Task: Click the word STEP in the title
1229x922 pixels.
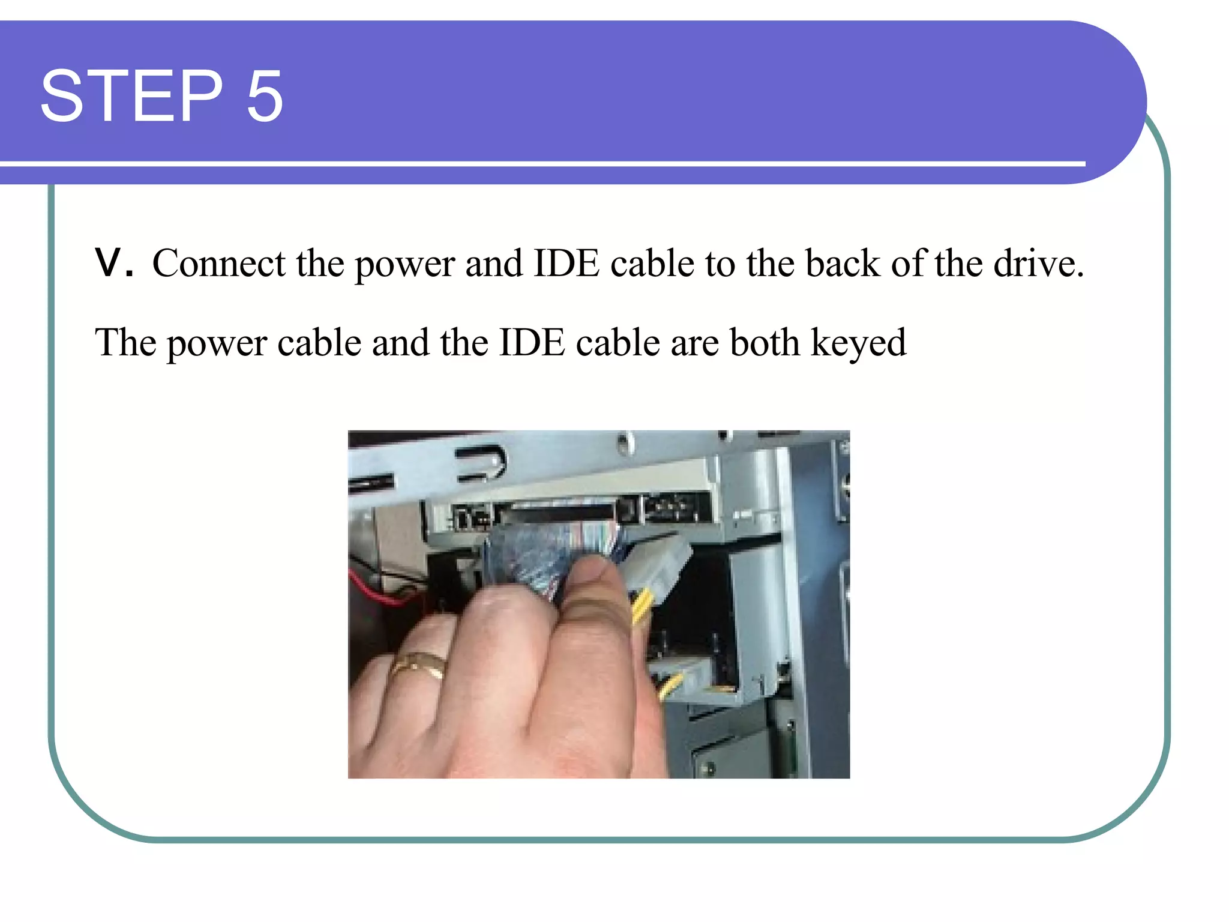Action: [131, 96]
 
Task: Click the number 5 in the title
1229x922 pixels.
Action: [265, 96]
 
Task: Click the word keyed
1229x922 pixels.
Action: [858, 343]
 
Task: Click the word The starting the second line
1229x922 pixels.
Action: [125, 343]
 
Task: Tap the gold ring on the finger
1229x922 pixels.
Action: [419, 664]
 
